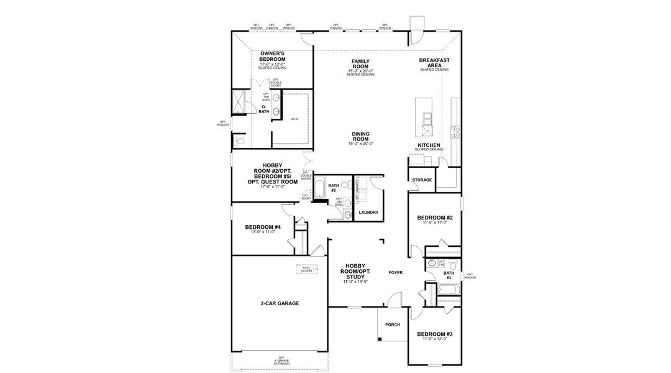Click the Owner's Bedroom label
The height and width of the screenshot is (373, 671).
pyautogui.click(x=272, y=57)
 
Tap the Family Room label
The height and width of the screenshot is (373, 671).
pyautogui.click(x=360, y=63)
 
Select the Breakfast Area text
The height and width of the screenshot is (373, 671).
pyautogui.click(x=434, y=63)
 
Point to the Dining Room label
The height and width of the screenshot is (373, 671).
pyautogui.click(x=361, y=136)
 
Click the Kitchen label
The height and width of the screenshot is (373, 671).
pyautogui.click(x=429, y=145)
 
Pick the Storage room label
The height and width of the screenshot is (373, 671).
pyautogui.click(x=422, y=180)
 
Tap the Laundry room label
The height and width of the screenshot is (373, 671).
pyautogui.click(x=368, y=213)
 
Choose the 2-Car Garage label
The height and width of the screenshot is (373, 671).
pyautogui.click(x=280, y=303)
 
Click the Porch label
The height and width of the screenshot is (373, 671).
pyautogui.click(x=393, y=325)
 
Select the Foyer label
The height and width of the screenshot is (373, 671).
pyautogui.click(x=396, y=272)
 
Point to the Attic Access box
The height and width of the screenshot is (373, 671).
pyautogui.click(x=306, y=269)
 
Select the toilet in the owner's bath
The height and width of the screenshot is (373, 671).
pyautogui.click(x=240, y=141)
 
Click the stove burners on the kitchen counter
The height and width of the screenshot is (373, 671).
pyautogui.click(x=455, y=131)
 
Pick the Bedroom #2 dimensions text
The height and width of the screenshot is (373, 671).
pyautogui.click(x=435, y=223)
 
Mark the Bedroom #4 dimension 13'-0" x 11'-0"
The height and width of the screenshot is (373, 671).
pyautogui.click(x=263, y=232)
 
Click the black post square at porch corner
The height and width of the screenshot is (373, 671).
pyautogui.click(x=380, y=339)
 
